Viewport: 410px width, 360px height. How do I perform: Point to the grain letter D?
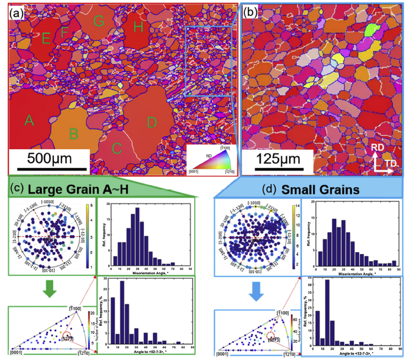pyautogui.click(x=152, y=123)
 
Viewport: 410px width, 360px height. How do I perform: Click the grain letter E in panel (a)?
pyautogui.click(x=46, y=39)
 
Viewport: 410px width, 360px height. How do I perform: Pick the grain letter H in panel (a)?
pyautogui.click(x=138, y=27)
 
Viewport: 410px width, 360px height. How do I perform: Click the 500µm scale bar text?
pyautogui.click(x=50, y=161)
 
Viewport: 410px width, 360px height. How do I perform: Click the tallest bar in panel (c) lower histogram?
pyautogui.click(x=122, y=311)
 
